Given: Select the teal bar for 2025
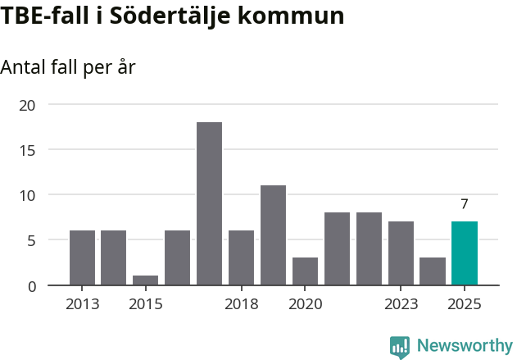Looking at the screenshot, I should (x=465, y=253).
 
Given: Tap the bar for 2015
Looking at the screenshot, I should (x=145, y=280).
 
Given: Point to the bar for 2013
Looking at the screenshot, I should (x=82, y=257).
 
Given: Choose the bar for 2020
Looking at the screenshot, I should (x=305, y=271).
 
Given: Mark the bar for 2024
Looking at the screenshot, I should (x=433, y=271).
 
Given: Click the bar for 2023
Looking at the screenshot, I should (x=401, y=253).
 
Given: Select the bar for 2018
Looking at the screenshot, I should (x=241, y=257).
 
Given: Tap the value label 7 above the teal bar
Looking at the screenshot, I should (x=465, y=204).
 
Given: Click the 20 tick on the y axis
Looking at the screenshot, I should (x=28, y=105).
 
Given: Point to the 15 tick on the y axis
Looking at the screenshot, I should (x=28, y=150).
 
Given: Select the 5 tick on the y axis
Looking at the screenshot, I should (x=32, y=240).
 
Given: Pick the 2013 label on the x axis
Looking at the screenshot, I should (x=82, y=305).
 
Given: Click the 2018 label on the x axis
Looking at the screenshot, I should (x=241, y=305).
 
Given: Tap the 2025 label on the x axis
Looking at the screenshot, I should (x=465, y=305).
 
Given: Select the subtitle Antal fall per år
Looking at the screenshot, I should (x=67, y=67).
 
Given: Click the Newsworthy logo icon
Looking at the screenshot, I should (x=400, y=347).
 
